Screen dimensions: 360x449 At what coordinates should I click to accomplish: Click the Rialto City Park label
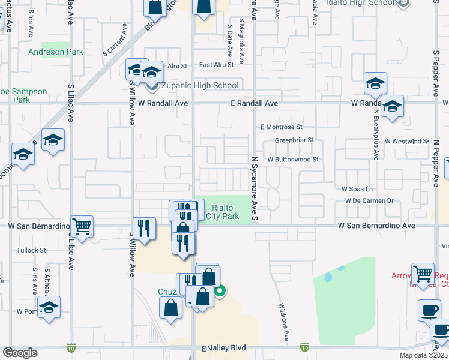point(223,212)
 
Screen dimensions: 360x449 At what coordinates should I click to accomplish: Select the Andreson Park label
point(56,52)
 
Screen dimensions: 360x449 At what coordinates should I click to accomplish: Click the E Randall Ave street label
point(255,103)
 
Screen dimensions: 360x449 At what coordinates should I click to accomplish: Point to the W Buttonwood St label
point(292,160)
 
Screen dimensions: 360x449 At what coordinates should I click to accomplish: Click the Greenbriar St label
point(295,140)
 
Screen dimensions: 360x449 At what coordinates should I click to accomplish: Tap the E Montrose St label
point(281,127)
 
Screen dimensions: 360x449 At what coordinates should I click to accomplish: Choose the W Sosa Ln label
point(357,189)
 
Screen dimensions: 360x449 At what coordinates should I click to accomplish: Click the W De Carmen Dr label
point(369,200)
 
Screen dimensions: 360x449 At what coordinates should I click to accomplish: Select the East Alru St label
point(220,65)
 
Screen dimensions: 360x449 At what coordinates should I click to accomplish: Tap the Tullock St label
point(32,250)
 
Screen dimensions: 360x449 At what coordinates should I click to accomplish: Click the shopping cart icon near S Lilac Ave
point(82,227)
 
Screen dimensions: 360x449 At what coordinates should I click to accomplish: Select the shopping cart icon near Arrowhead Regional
point(423,274)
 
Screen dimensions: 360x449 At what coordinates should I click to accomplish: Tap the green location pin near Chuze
point(220,292)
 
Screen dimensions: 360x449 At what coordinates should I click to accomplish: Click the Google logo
point(20,353)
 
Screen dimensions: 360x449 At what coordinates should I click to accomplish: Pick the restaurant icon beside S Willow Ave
point(143,228)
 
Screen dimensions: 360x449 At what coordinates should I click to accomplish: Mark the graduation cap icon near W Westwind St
point(391,107)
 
